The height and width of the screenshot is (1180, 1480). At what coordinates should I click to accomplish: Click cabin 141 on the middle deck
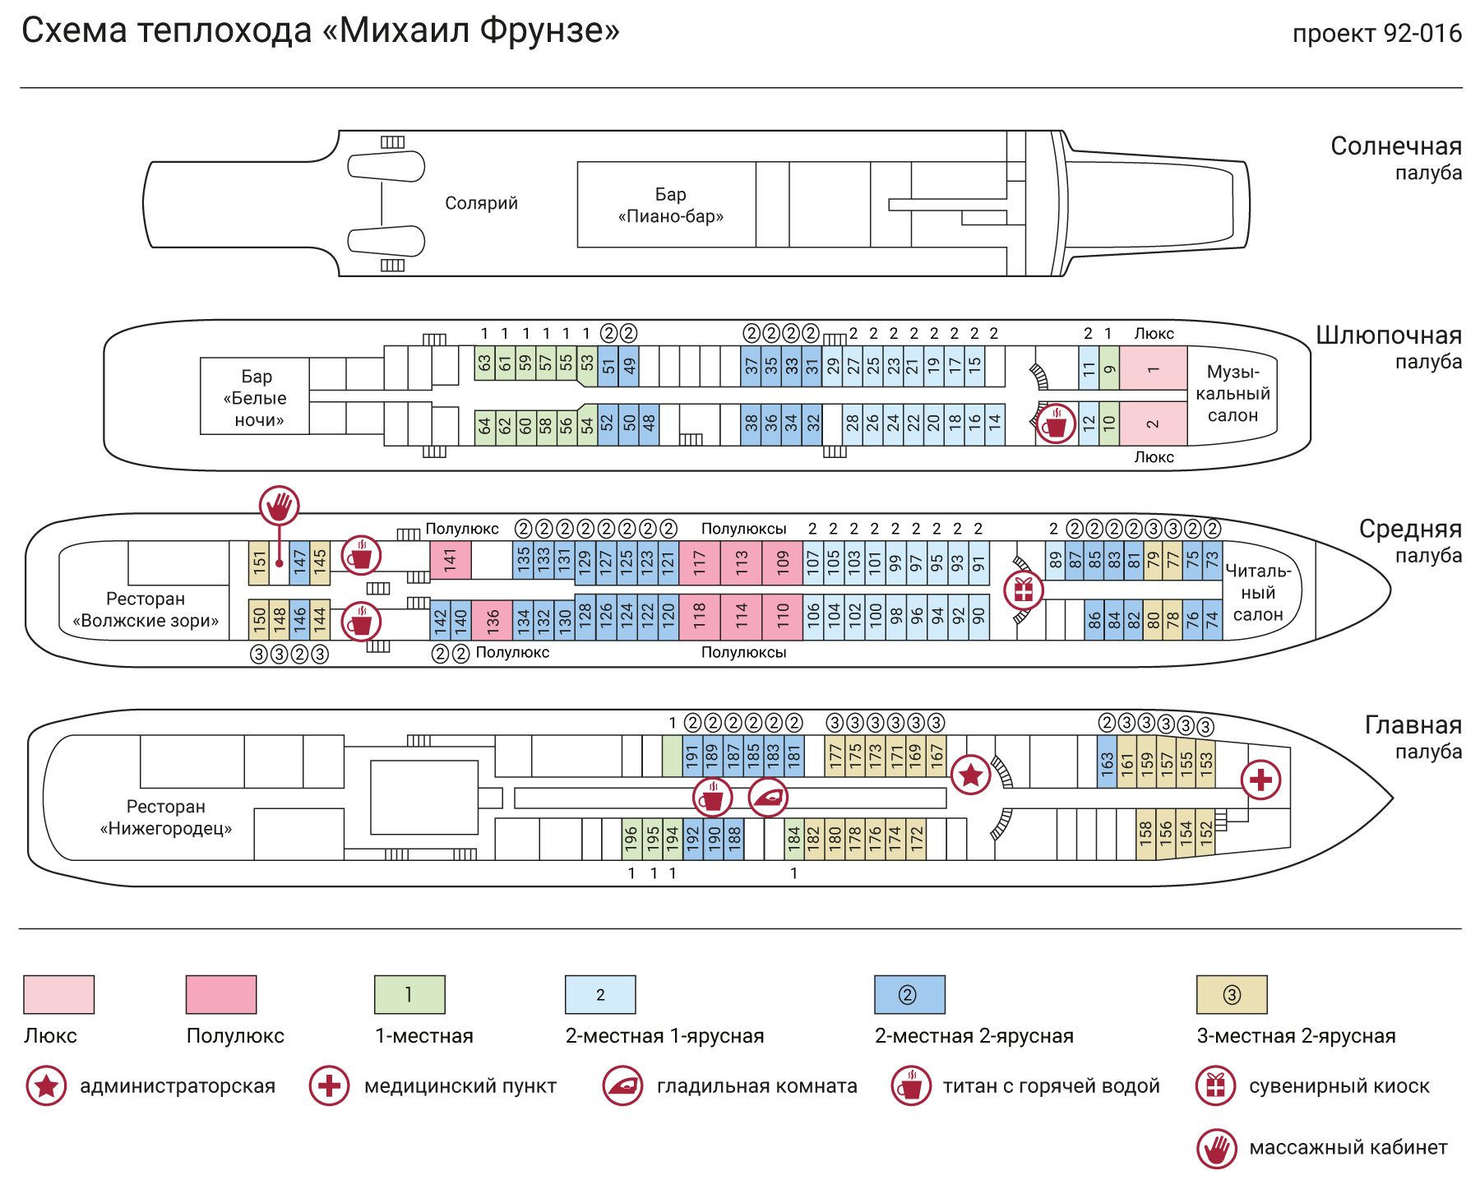[x=451, y=560]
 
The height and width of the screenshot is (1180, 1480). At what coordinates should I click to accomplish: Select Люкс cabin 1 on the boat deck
[x=1154, y=368]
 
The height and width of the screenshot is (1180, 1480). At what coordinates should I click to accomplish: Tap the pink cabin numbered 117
[x=700, y=562]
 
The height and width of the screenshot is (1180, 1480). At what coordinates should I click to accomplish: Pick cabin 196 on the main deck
[x=631, y=839]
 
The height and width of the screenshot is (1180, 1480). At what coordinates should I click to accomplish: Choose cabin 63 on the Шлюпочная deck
[x=484, y=363]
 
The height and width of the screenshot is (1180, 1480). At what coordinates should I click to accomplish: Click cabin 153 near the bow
[x=1206, y=763]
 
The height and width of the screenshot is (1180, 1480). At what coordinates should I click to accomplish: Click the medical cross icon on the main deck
[x=1261, y=779]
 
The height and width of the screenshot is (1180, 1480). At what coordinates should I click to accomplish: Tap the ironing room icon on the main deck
[x=769, y=797]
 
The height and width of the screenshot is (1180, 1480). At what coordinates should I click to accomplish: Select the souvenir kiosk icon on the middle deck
[x=1024, y=590]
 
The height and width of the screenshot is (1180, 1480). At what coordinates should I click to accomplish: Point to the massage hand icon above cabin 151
[x=280, y=506]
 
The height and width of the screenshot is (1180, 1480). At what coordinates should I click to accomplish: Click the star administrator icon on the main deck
[x=971, y=775]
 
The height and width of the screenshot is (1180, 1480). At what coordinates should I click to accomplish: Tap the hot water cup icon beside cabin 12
[x=1056, y=424]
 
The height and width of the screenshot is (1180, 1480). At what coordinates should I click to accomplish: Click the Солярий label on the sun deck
[x=481, y=203]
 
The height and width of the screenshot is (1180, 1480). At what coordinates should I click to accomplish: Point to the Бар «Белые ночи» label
[x=256, y=398]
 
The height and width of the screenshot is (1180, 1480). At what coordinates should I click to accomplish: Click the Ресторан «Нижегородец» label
[x=166, y=817]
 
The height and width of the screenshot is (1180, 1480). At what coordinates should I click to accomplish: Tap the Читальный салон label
[x=1258, y=592]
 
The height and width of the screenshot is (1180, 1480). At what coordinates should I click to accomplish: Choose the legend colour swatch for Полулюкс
[x=221, y=994]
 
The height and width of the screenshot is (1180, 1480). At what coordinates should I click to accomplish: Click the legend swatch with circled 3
[x=1232, y=994]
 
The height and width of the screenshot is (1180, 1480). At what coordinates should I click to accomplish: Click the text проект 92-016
[x=1377, y=34]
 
